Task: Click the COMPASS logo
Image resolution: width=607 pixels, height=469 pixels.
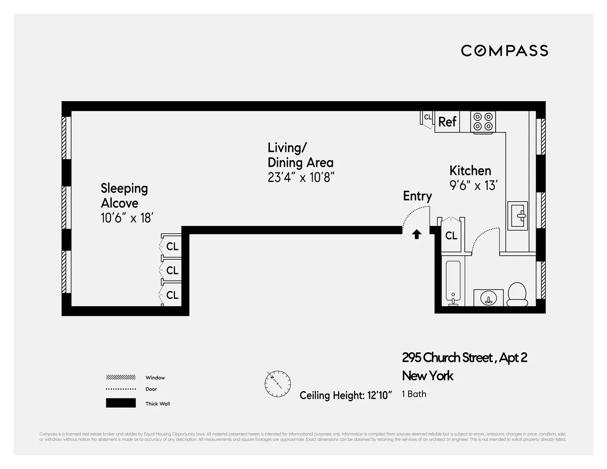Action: coord(504,51)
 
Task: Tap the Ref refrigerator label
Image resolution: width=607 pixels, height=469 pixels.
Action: coord(447,122)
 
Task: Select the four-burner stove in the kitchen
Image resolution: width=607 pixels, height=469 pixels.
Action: coord(483,122)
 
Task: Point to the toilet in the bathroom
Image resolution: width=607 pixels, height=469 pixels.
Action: coord(517,294)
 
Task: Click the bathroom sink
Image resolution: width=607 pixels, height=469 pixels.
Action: coord(488,298)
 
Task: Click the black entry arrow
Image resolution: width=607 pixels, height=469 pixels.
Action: coord(417,234)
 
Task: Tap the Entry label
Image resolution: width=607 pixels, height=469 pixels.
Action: coord(417,196)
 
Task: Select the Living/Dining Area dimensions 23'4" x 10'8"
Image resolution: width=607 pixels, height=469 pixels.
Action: coord(301,177)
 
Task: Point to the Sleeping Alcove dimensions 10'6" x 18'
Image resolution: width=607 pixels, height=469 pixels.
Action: coord(126,218)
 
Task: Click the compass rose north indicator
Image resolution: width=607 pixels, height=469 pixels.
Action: coord(278,384)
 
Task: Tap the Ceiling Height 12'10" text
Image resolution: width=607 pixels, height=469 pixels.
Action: coord(346,395)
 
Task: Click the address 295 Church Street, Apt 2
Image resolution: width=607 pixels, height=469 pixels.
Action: coord(464,358)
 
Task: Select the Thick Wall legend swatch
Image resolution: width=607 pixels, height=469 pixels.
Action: coord(120,403)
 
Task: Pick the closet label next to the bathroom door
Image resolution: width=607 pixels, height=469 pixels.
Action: coord(451,236)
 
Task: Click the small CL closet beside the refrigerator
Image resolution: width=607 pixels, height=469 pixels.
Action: coord(427,117)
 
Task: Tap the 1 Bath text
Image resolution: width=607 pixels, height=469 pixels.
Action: coord(414,394)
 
